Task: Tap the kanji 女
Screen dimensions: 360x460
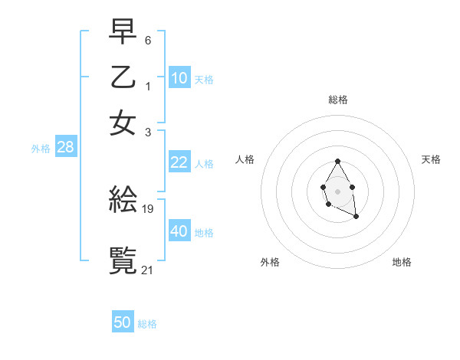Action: pos(123,123)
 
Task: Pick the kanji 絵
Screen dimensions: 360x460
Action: pos(123,201)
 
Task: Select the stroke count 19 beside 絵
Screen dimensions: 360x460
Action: pos(148,208)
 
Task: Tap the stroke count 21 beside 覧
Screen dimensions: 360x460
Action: pos(148,269)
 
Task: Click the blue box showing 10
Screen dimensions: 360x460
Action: pos(179,78)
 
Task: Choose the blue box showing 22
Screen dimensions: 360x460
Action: pos(179,162)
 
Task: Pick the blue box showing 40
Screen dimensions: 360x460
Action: pos(179,231)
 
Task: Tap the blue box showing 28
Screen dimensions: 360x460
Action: pos(65,148)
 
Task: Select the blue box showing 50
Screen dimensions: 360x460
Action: pos(123,322)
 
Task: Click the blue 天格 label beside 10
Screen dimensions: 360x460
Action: pos(204,80)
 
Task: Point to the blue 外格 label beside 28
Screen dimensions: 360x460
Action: pos(41,149)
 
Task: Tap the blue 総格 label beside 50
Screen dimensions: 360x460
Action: pos(147,324)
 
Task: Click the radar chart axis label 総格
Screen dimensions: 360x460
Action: pos(337,99)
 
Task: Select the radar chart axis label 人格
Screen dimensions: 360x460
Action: pos(245,159)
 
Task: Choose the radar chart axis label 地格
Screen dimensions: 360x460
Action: pos(402,262)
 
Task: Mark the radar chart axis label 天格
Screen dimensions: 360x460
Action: pos(431,159)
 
